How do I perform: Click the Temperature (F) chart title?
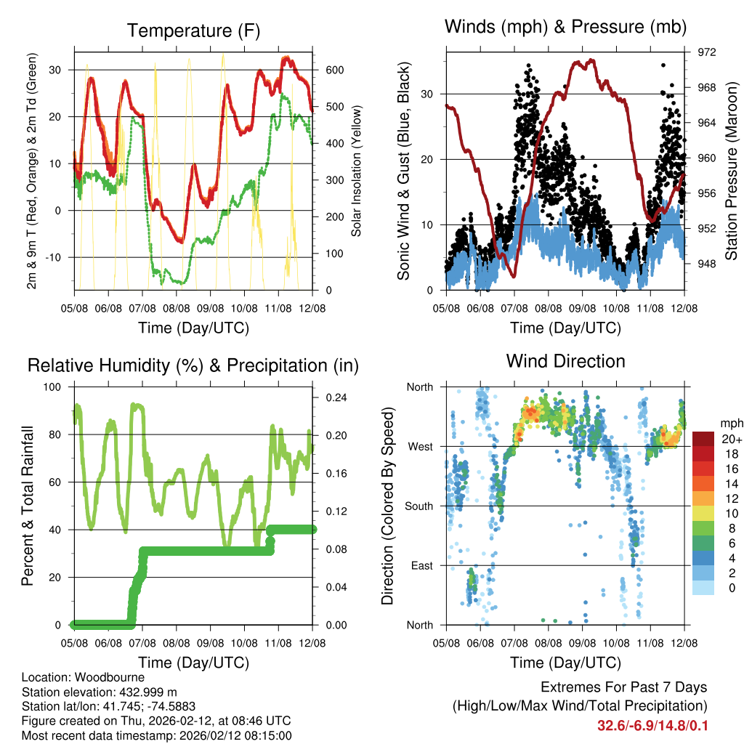(x=193, y=31)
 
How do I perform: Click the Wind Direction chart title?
(x=565, y=360)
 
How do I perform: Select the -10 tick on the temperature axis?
(x=57, y=257)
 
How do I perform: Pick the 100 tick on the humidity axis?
(x=54, y=387)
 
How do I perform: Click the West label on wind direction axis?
(x=420, y=446)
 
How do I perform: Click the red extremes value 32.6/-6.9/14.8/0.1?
(x=652, y=726)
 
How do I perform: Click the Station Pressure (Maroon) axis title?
(x=732, y=171)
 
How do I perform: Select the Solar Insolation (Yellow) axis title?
(x=357, y=171)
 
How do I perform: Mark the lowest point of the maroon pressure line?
(x=514, y=276)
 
